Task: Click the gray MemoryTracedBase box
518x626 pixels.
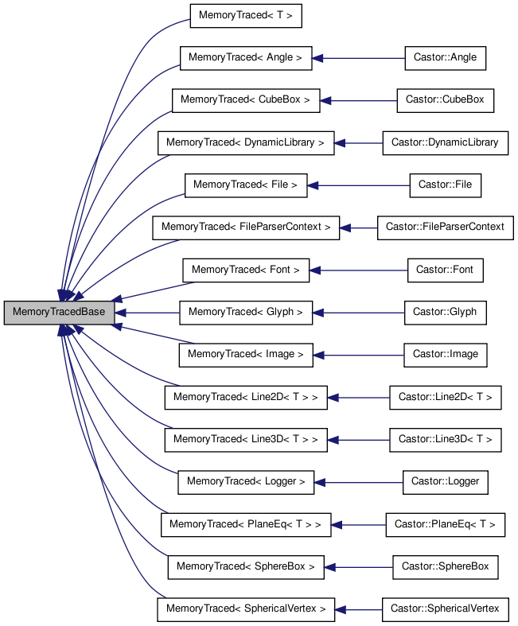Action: pyautogui.click(x=59, y=312)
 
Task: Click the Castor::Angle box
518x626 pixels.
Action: pyautogui.click(x=445, y=58)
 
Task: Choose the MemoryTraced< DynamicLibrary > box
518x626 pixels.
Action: pyautogui.click(x=245, y=143)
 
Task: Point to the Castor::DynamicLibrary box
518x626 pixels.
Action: pyautogui.click(x=445, y=143)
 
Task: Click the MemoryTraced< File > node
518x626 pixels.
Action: pyautogui.click(x=245, y=185)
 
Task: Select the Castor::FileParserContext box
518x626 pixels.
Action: pyautogui.click(x=445, y=227)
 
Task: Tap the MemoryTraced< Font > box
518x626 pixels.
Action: pyautogui.click(x=245, y=270)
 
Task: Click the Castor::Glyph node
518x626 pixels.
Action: pyautogui.click(x=445, y=312)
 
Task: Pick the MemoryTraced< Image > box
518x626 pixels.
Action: pyautogui.click(x=245, y=355)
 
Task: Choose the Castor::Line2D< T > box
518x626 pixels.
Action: pyautogui.click(x=445, y=397)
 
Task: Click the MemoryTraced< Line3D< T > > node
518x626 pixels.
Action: pyautogui.click(x=245, y=439)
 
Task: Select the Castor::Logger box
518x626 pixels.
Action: pyautogui.click(x=445, y=481)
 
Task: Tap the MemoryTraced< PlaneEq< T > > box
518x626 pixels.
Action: pyautogui.click(x=245, y=524)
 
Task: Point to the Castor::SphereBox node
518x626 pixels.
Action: pyautogui.click(x=445, y=566)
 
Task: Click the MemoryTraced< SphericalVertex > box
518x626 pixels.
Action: pyautogui.click(x=245, y=609)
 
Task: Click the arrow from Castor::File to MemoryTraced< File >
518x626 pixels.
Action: pyautogui.click(x=358, y=185)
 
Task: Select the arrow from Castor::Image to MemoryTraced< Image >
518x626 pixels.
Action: pyautogui.click(x=358, y=355)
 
